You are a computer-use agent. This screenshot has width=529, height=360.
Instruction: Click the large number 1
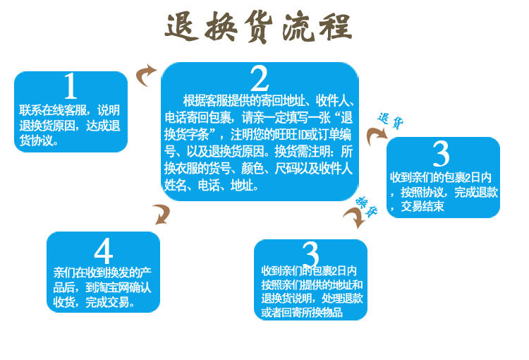pos(70,86)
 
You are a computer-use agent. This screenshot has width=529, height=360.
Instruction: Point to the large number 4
pos(103,251)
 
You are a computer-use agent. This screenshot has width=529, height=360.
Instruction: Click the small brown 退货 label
pos(390,121)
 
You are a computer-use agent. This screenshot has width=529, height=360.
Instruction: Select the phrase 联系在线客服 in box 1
pos(47,110)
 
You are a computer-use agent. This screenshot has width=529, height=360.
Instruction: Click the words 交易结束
pos(422,207)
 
